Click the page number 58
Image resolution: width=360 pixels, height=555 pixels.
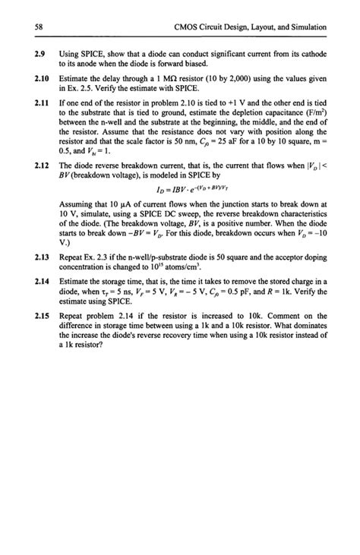pos(39,27)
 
